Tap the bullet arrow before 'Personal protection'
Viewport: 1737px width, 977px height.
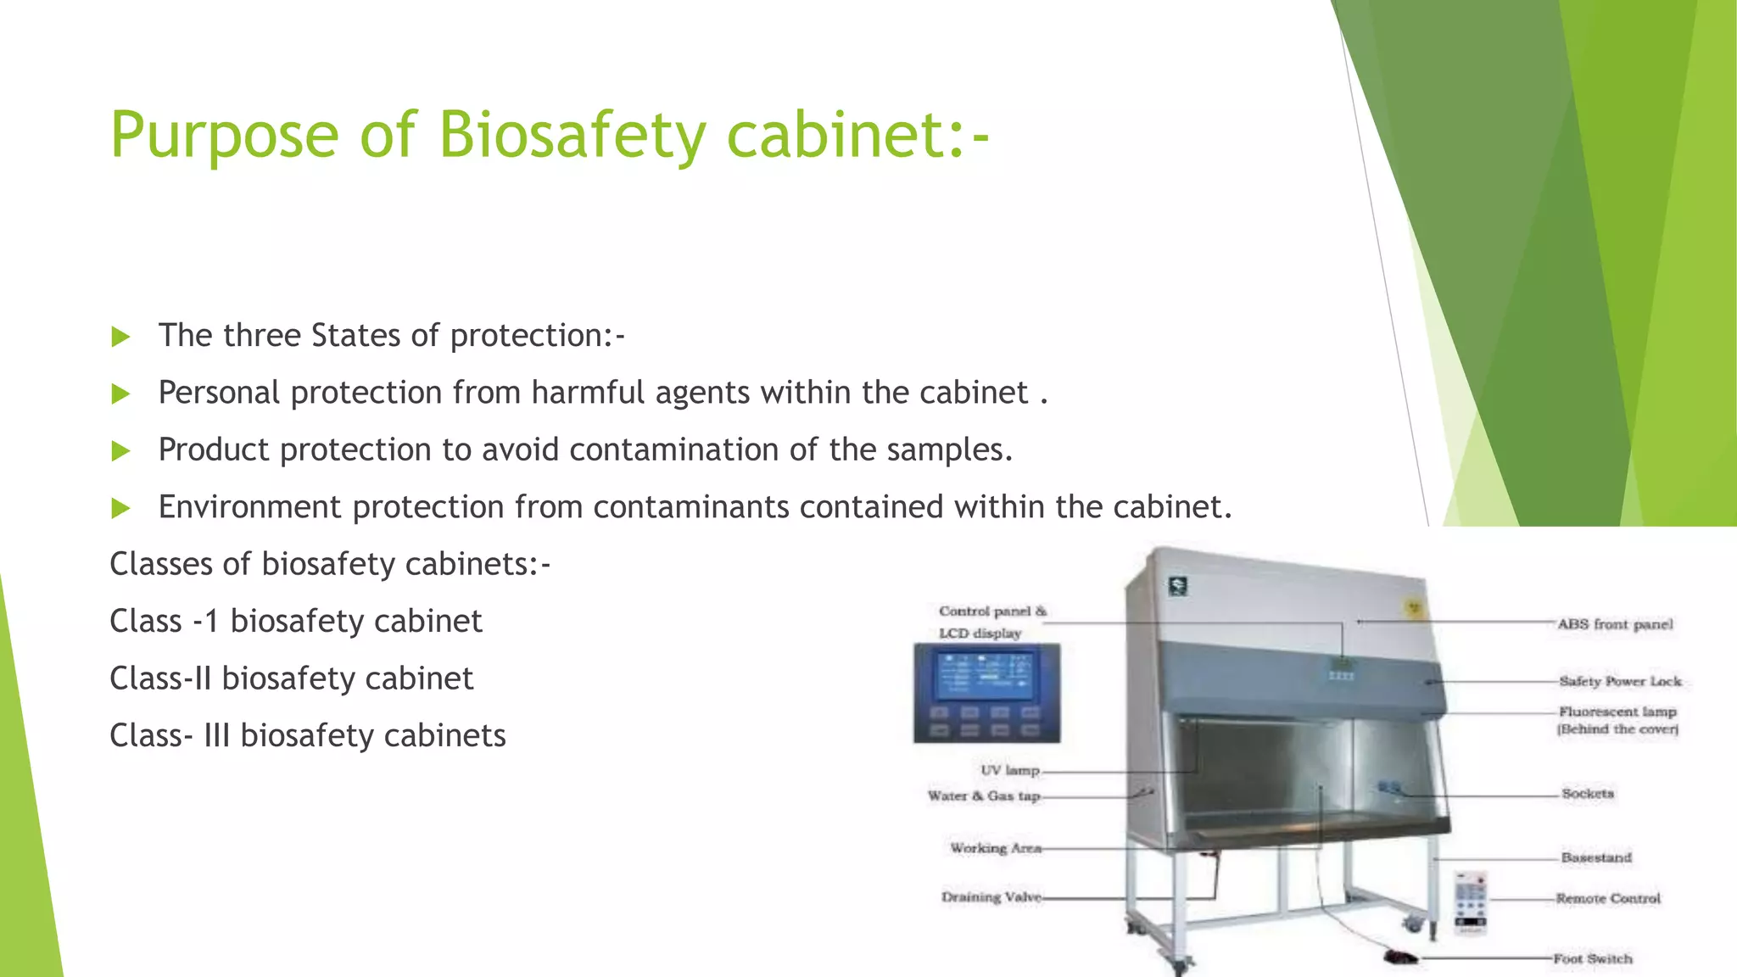[120, 394]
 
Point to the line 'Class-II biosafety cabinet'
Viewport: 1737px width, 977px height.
[291, 678]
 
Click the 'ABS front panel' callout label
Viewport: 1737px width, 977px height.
[1615, 624]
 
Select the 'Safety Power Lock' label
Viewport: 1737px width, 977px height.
[1620, 681]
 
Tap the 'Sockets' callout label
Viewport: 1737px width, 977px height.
[1588, 794]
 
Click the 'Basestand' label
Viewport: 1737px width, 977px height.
[1596, 857]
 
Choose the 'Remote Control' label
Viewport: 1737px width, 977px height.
[1608, 898]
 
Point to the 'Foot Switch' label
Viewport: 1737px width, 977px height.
[1593, 958]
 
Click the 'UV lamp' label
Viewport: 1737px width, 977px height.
[1009, 770]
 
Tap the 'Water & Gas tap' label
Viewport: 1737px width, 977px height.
[984, 796]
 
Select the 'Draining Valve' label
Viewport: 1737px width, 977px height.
[991, 896]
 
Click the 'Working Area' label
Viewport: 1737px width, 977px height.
[995, 848]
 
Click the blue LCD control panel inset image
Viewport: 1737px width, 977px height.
[986, 693]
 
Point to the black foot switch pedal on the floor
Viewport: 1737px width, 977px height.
[1399, 958]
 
